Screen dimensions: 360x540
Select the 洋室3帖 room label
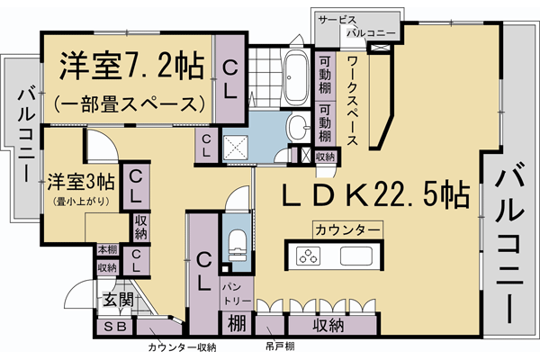[x=81, y=180]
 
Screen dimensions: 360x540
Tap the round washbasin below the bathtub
[x=296, y=127]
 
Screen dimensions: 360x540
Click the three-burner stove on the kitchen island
[x=310, y=256]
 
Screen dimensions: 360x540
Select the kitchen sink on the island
[x=357, y=256]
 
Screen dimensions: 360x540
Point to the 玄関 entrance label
[x=117, y=300]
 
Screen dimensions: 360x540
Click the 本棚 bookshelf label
[x=107, y=249]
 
